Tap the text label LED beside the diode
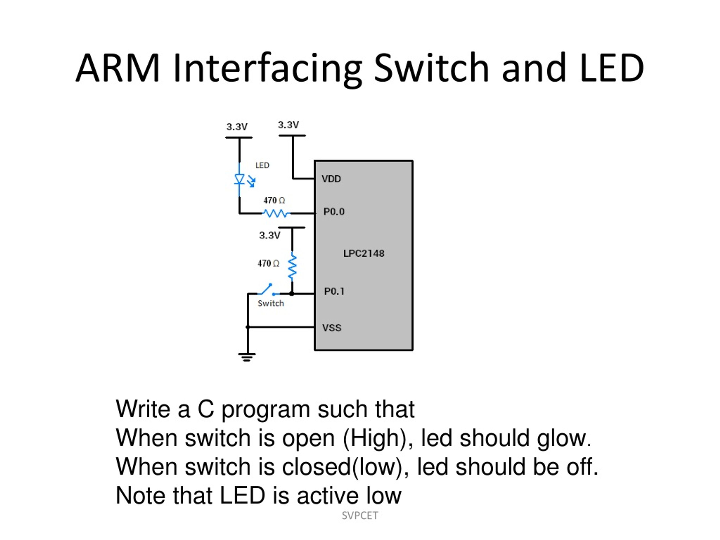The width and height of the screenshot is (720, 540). pyautogui.click(x=262, y=165)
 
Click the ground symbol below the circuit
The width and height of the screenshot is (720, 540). pyautogui.click(x=247, y=357)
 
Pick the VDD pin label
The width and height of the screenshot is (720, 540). pyautogui.click(x=331, y=179)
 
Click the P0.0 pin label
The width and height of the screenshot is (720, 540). pyautogui.click(x=334, y=212)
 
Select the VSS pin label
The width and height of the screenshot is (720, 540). pyautogui.click(x=332, y=328)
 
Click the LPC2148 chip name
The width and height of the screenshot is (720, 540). pyautogui.click(x=364, y=254)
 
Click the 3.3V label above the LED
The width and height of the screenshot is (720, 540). pyautogui.click(x=237, y=127)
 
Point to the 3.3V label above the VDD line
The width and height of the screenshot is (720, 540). pyautogui.click(x=288, y=125)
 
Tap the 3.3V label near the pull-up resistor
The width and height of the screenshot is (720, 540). pyautogui.click(x=269, y=235)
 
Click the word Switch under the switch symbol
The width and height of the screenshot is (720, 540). pyautogui.click(x=271, y=303)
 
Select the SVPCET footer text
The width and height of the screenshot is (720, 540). pyautogui.click(x=360, y=516)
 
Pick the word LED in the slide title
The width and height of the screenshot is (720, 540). pyautogui.click(x=612, y=68)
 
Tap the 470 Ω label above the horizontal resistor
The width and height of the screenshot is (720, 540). pyautogui.click(x=274, y=201)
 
